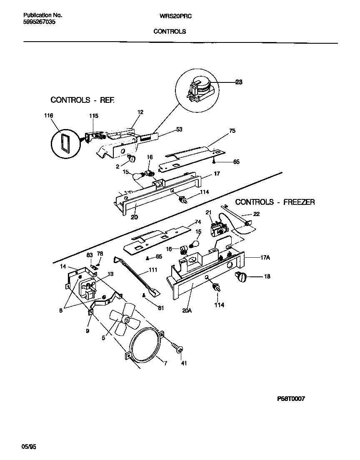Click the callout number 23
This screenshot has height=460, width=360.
238,82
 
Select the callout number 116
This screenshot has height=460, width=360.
48,116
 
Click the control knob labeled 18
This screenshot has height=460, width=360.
241,276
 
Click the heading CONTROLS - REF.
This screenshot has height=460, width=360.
82,100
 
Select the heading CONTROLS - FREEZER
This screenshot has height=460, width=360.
275,202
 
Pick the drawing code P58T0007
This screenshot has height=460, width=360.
291,398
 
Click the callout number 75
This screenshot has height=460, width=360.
232,131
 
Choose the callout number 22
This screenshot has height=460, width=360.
256,214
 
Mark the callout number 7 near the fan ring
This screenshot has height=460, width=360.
165,363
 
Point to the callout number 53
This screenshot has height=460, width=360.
179,129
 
